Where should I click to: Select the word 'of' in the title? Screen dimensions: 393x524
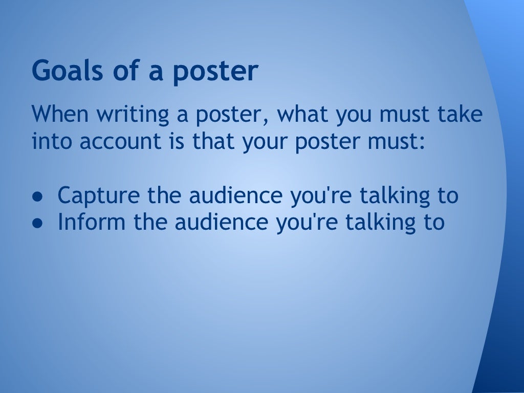pyautogui.click(x=121, y=72)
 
